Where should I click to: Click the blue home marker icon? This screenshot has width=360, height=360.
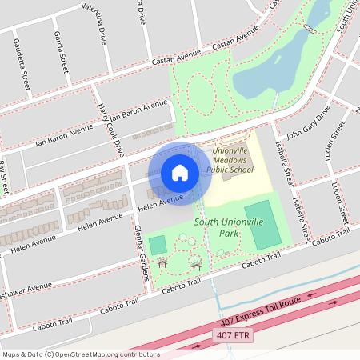pos(180,173)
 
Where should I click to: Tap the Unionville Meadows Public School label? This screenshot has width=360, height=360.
pos(230,159)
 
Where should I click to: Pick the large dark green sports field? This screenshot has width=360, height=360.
pos(263,225)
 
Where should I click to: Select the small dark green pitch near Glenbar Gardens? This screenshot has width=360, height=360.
pos(158,245)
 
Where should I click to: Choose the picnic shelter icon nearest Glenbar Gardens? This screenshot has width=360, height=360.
pos(162,262)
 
